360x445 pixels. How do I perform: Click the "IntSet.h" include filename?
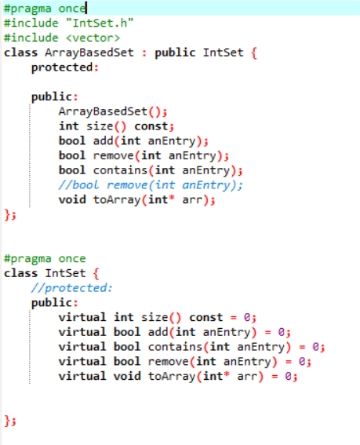pos(100,23)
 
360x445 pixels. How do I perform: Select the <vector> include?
pos(93,38)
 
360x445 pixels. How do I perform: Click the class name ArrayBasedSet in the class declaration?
pos(89,53)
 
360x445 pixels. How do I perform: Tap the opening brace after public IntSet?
pos(254,53)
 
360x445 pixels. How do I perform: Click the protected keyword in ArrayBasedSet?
pos(62,67)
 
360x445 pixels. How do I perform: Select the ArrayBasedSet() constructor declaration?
pos(113,111)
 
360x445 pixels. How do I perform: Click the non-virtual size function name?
pos(100,126)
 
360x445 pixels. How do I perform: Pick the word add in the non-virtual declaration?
pos(104,140)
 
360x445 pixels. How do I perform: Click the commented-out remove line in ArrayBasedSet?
pos(151,185)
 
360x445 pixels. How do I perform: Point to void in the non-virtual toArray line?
pos(72,199)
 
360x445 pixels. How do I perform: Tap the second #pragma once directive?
pos(45,258)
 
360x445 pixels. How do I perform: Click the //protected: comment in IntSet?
pos(72,288)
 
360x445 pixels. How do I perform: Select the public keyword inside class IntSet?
pos(51,302)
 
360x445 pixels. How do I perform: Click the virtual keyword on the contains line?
pos(82,347)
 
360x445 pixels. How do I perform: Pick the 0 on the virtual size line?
pos(247,317)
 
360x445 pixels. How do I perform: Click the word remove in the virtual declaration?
pos(168,362)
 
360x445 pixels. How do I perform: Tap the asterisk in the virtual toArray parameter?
pos(227,374)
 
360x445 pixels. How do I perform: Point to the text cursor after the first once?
pos(86,8)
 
